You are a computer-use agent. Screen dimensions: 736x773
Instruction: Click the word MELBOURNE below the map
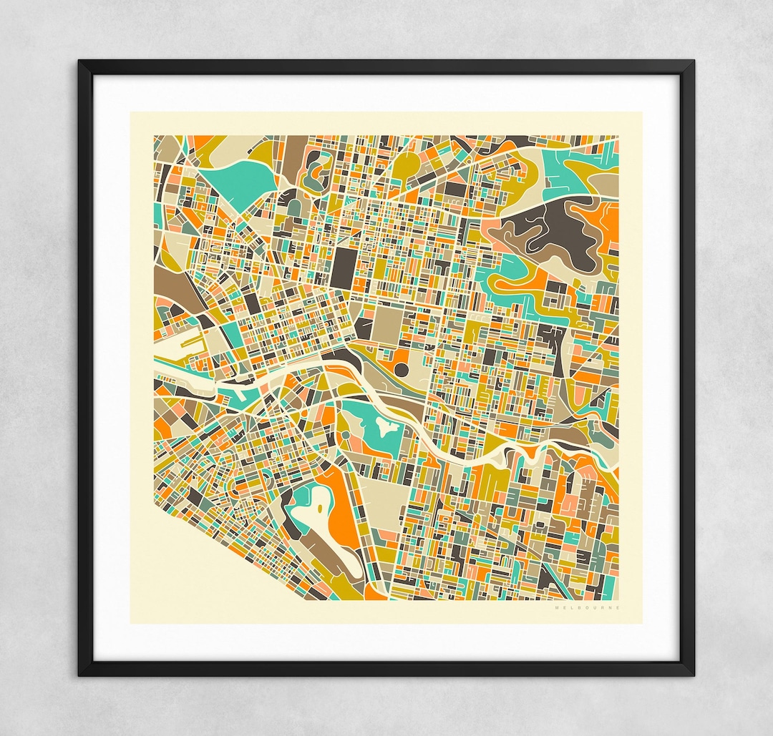coord(588,608)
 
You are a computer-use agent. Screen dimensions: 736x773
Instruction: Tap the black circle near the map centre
coord(402,369)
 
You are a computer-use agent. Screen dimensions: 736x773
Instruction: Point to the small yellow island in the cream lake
coord(316,511)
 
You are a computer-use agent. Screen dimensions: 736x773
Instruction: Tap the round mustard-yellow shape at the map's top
coord(406,165)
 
